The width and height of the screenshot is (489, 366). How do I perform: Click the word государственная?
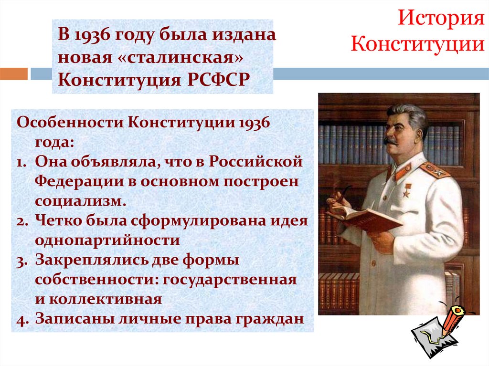[229, 280]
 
